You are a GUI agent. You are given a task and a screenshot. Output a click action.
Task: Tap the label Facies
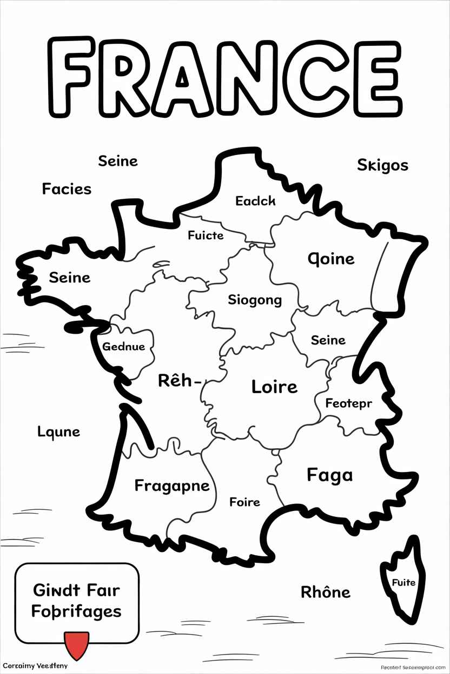click(67, 189)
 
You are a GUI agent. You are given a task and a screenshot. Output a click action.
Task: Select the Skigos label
click(382, 165)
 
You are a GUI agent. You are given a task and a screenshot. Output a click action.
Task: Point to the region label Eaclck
click(255, 201)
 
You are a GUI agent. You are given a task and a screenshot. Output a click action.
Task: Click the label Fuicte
click(206, 235)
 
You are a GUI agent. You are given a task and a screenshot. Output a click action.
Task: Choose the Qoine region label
click(331, 259)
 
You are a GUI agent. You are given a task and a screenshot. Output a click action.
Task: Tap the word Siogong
click(255, 300)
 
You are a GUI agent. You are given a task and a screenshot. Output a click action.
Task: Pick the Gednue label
click(123, 347)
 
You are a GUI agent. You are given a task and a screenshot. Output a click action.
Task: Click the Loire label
click(274, 387)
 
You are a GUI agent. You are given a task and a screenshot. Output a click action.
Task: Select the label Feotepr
click(348, 403)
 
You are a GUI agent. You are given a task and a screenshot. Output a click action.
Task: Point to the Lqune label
click(58, 432)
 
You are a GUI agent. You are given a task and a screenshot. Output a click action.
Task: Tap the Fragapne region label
click(171, 486)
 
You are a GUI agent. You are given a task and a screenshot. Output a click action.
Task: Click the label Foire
click(244, 502)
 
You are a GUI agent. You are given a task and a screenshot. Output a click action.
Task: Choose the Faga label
click(329, 475)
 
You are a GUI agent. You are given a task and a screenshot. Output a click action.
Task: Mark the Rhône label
click(325, 592)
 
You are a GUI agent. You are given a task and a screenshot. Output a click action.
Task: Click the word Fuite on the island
click(403, 582)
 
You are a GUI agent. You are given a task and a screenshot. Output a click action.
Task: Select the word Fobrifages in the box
click(76, 612)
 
